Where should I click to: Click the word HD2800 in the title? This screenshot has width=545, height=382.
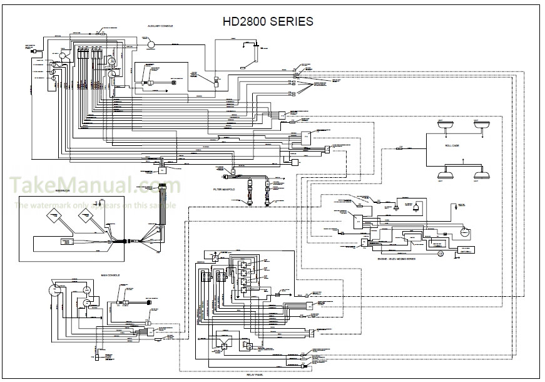[x=245, y=22]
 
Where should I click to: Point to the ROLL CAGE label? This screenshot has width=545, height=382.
[x=452, y=145]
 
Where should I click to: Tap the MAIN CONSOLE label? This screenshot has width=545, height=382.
[x=110, y=274]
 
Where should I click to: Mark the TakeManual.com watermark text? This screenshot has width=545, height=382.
[x=94, y=185]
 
